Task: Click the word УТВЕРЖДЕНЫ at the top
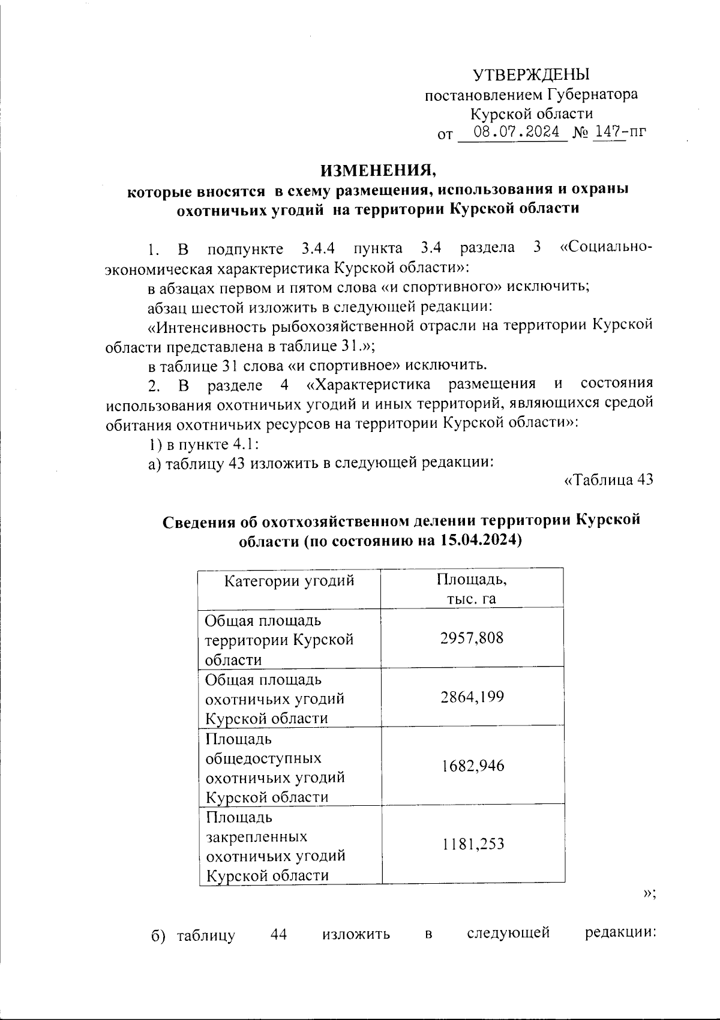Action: [532, 75]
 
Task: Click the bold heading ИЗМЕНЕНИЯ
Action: [379, 170]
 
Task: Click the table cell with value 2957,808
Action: [472, 638]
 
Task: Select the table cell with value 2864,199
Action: [472, 697]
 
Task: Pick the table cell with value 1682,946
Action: [472, 766]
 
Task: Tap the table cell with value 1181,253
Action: [472, 844]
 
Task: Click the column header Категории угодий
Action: [289, 581]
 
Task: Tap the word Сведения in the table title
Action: [199, 521]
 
